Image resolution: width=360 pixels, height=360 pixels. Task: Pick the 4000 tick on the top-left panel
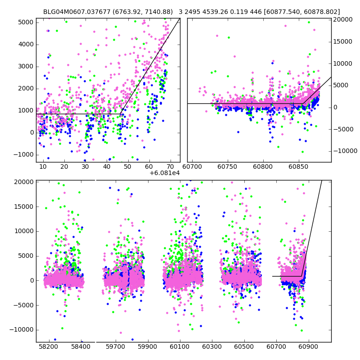click(26, 44)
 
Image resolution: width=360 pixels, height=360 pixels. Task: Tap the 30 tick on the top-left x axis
click(85, 167)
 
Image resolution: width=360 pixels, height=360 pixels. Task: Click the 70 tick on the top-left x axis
click(170, 167)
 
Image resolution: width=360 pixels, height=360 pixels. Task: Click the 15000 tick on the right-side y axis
click(344, 41)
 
